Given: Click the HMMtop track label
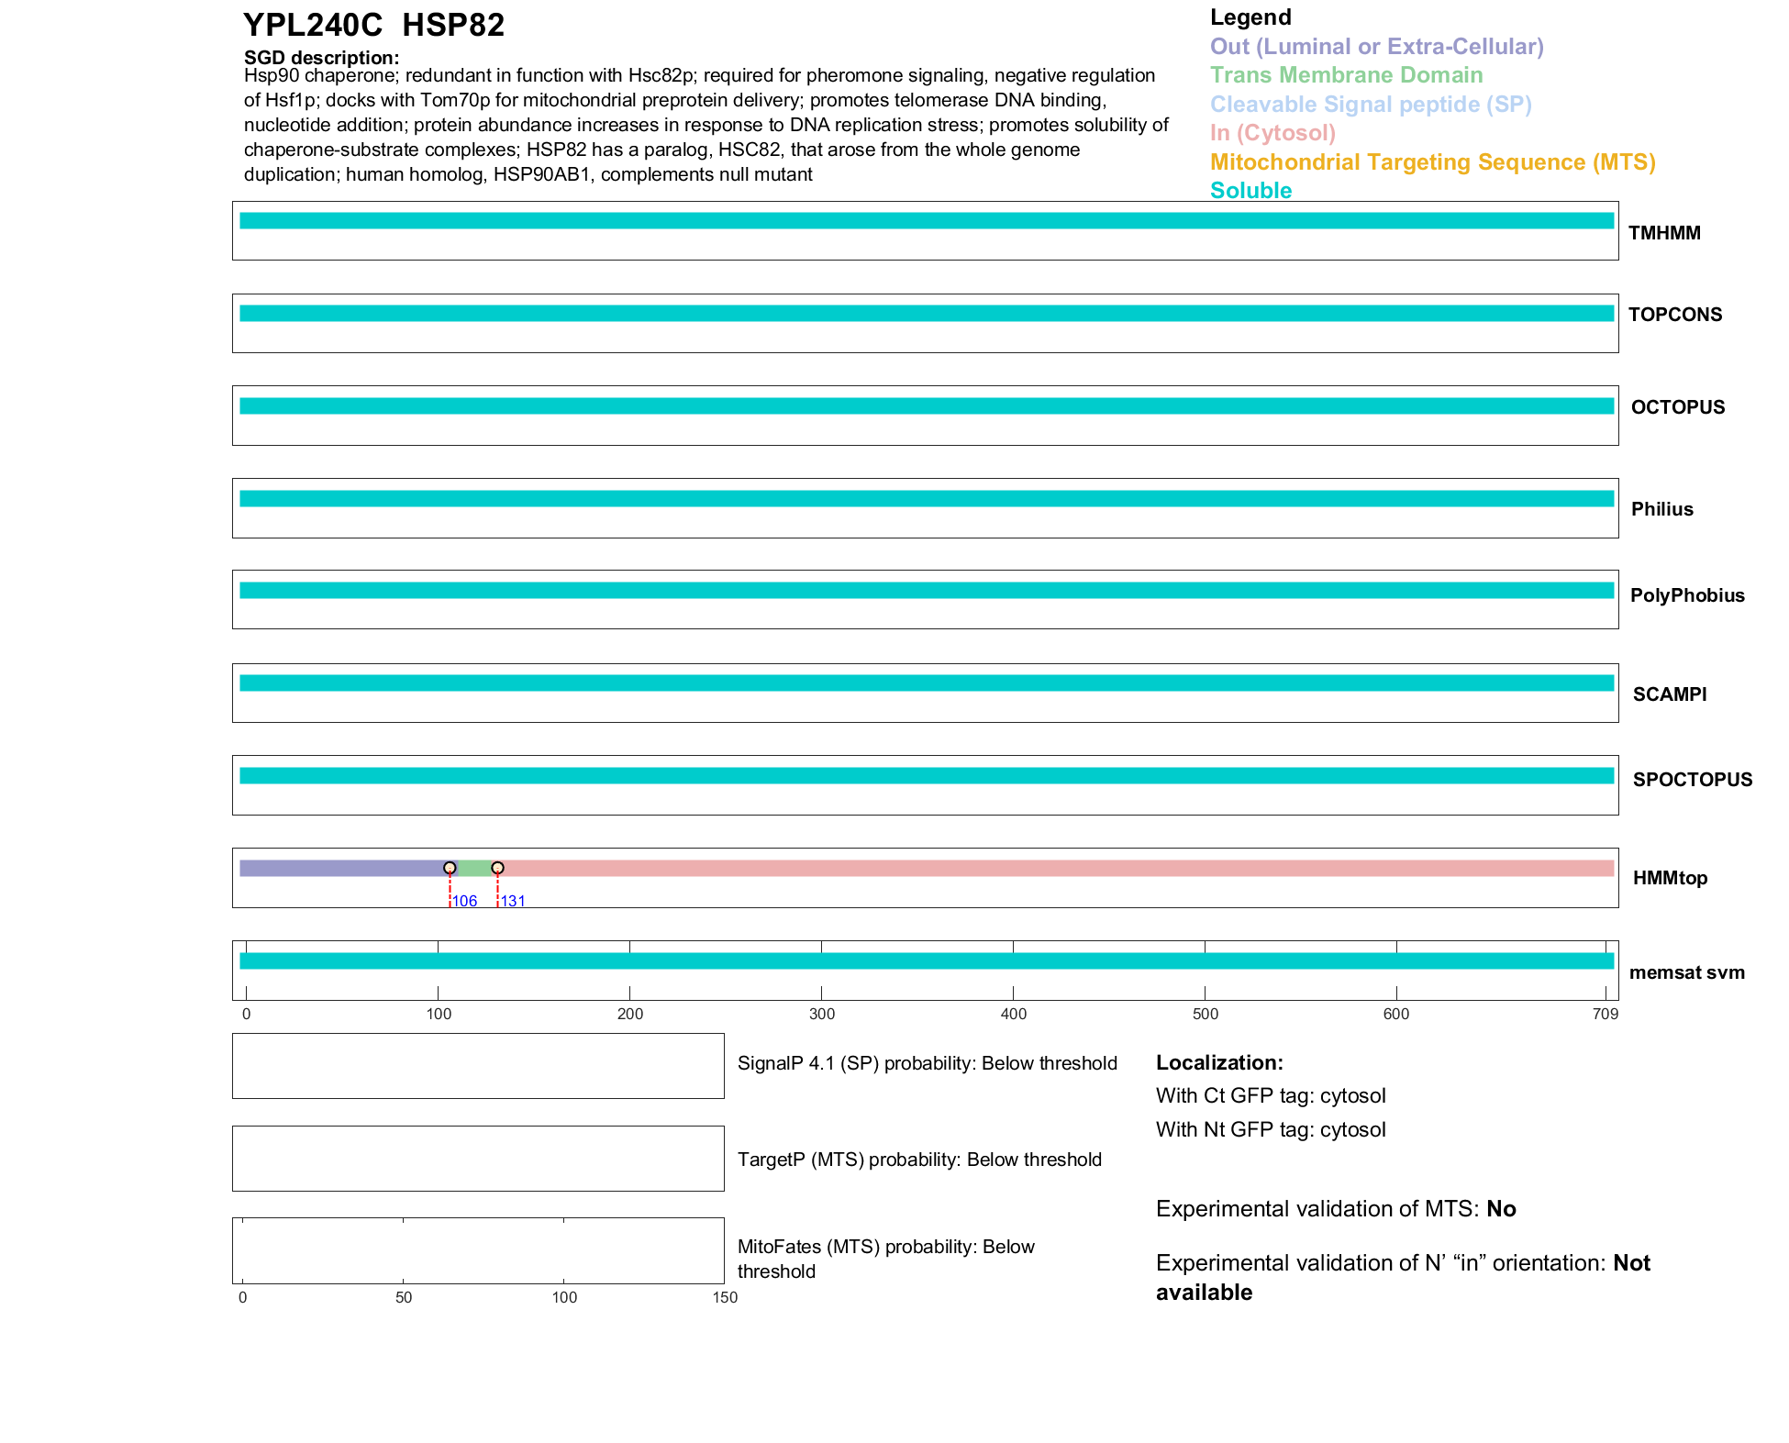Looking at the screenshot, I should (1670, 878).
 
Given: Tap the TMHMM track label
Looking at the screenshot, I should (1664, 233).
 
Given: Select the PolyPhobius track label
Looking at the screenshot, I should (1686, 595).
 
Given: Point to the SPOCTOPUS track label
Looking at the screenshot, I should (1692, 780).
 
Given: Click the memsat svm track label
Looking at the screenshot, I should (1686, 972).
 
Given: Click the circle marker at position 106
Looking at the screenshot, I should (450, 868).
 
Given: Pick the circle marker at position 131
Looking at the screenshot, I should (497, 868).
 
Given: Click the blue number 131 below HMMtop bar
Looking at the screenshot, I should (513, 901).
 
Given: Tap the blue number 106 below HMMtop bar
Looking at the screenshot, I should (465, 901).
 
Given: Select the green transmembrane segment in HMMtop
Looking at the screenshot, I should (473, 868).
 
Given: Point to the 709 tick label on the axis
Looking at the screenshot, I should (1606, 1014).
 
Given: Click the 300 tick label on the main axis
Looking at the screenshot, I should (822, 1014).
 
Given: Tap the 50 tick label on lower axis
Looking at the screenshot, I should (404, 1297).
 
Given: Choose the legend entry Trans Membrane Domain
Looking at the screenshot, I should (1346, 75).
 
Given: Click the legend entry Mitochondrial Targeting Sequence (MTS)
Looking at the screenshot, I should (1432, 162).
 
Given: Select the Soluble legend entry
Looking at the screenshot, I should (1250, 191).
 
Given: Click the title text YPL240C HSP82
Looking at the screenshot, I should (373, 26).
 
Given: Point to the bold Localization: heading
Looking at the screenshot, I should (1219, 1062).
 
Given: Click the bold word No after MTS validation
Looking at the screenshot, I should (1501, 1209).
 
